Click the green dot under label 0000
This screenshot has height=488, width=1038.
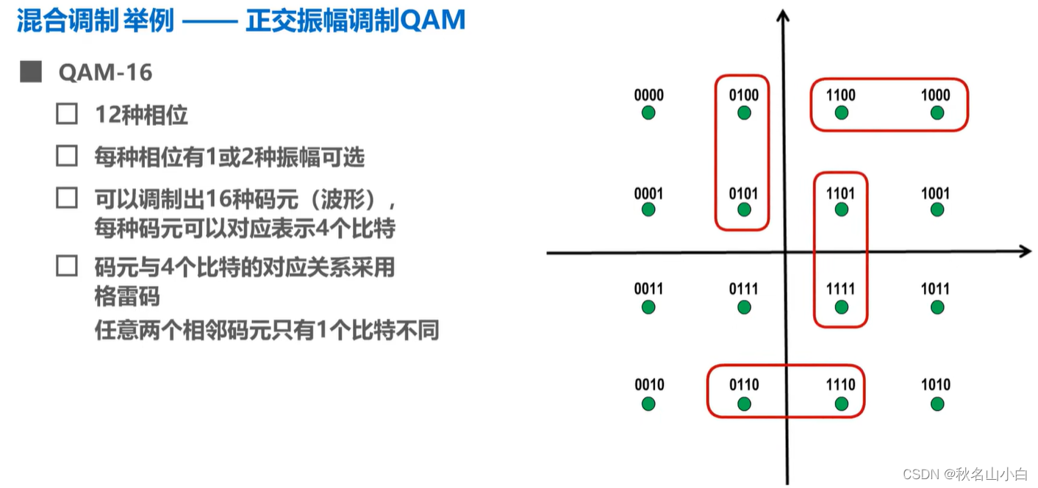648,112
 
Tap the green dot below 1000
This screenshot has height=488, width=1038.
937,112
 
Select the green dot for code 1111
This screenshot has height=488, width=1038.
841,306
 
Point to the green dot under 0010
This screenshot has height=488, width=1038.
648,403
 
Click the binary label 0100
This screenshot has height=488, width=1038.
744,95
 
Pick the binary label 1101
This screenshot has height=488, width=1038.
840,193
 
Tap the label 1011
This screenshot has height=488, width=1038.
935,289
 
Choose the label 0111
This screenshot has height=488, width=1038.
744,289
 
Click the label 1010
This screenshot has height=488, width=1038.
936,384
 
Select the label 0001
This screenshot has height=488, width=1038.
648,193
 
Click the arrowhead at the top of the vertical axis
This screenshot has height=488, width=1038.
784,15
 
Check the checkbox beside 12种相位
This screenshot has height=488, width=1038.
67,114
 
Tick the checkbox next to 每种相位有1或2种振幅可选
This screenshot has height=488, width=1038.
67,156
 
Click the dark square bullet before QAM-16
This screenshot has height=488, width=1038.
31,72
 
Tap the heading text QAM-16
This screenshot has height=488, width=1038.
105,72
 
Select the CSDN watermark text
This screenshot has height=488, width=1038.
964,473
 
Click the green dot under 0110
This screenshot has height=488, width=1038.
744,403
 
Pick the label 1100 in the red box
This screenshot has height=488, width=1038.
840,95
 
